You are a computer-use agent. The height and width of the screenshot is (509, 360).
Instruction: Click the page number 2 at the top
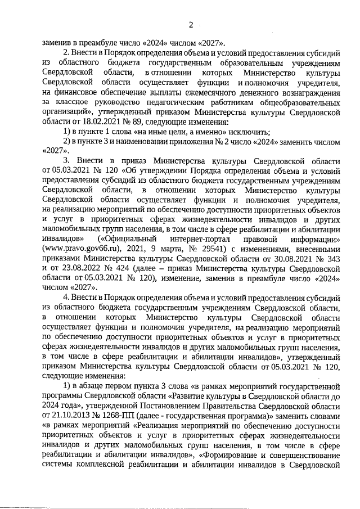pos(191,25)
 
